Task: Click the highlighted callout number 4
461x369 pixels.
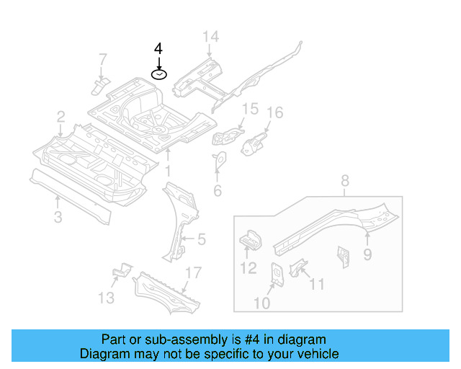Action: click(158, 48)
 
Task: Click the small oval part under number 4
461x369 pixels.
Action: click(158, 74)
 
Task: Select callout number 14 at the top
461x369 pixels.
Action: click(210, 37)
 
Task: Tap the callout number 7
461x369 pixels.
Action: click(102, 58)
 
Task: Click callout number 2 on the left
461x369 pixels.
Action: click(61, 116)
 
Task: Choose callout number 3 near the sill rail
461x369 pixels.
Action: click(58, 217)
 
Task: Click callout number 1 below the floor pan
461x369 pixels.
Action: click(167, 172)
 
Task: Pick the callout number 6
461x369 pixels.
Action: click(217, 191)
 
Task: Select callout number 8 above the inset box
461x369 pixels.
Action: click(344, 180)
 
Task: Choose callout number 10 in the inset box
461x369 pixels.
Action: click(261, 303)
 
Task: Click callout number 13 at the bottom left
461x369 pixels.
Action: click(106, 298)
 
